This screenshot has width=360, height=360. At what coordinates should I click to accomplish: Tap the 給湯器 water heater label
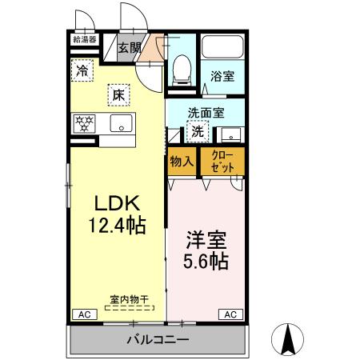coord(84,38)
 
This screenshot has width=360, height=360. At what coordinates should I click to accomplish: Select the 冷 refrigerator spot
coord(82,70)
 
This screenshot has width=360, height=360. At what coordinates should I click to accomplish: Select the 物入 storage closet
coord(182,161)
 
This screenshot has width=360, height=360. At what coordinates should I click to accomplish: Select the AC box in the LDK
coord(82,314)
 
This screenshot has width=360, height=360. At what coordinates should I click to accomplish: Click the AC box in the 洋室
coord(229,314)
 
